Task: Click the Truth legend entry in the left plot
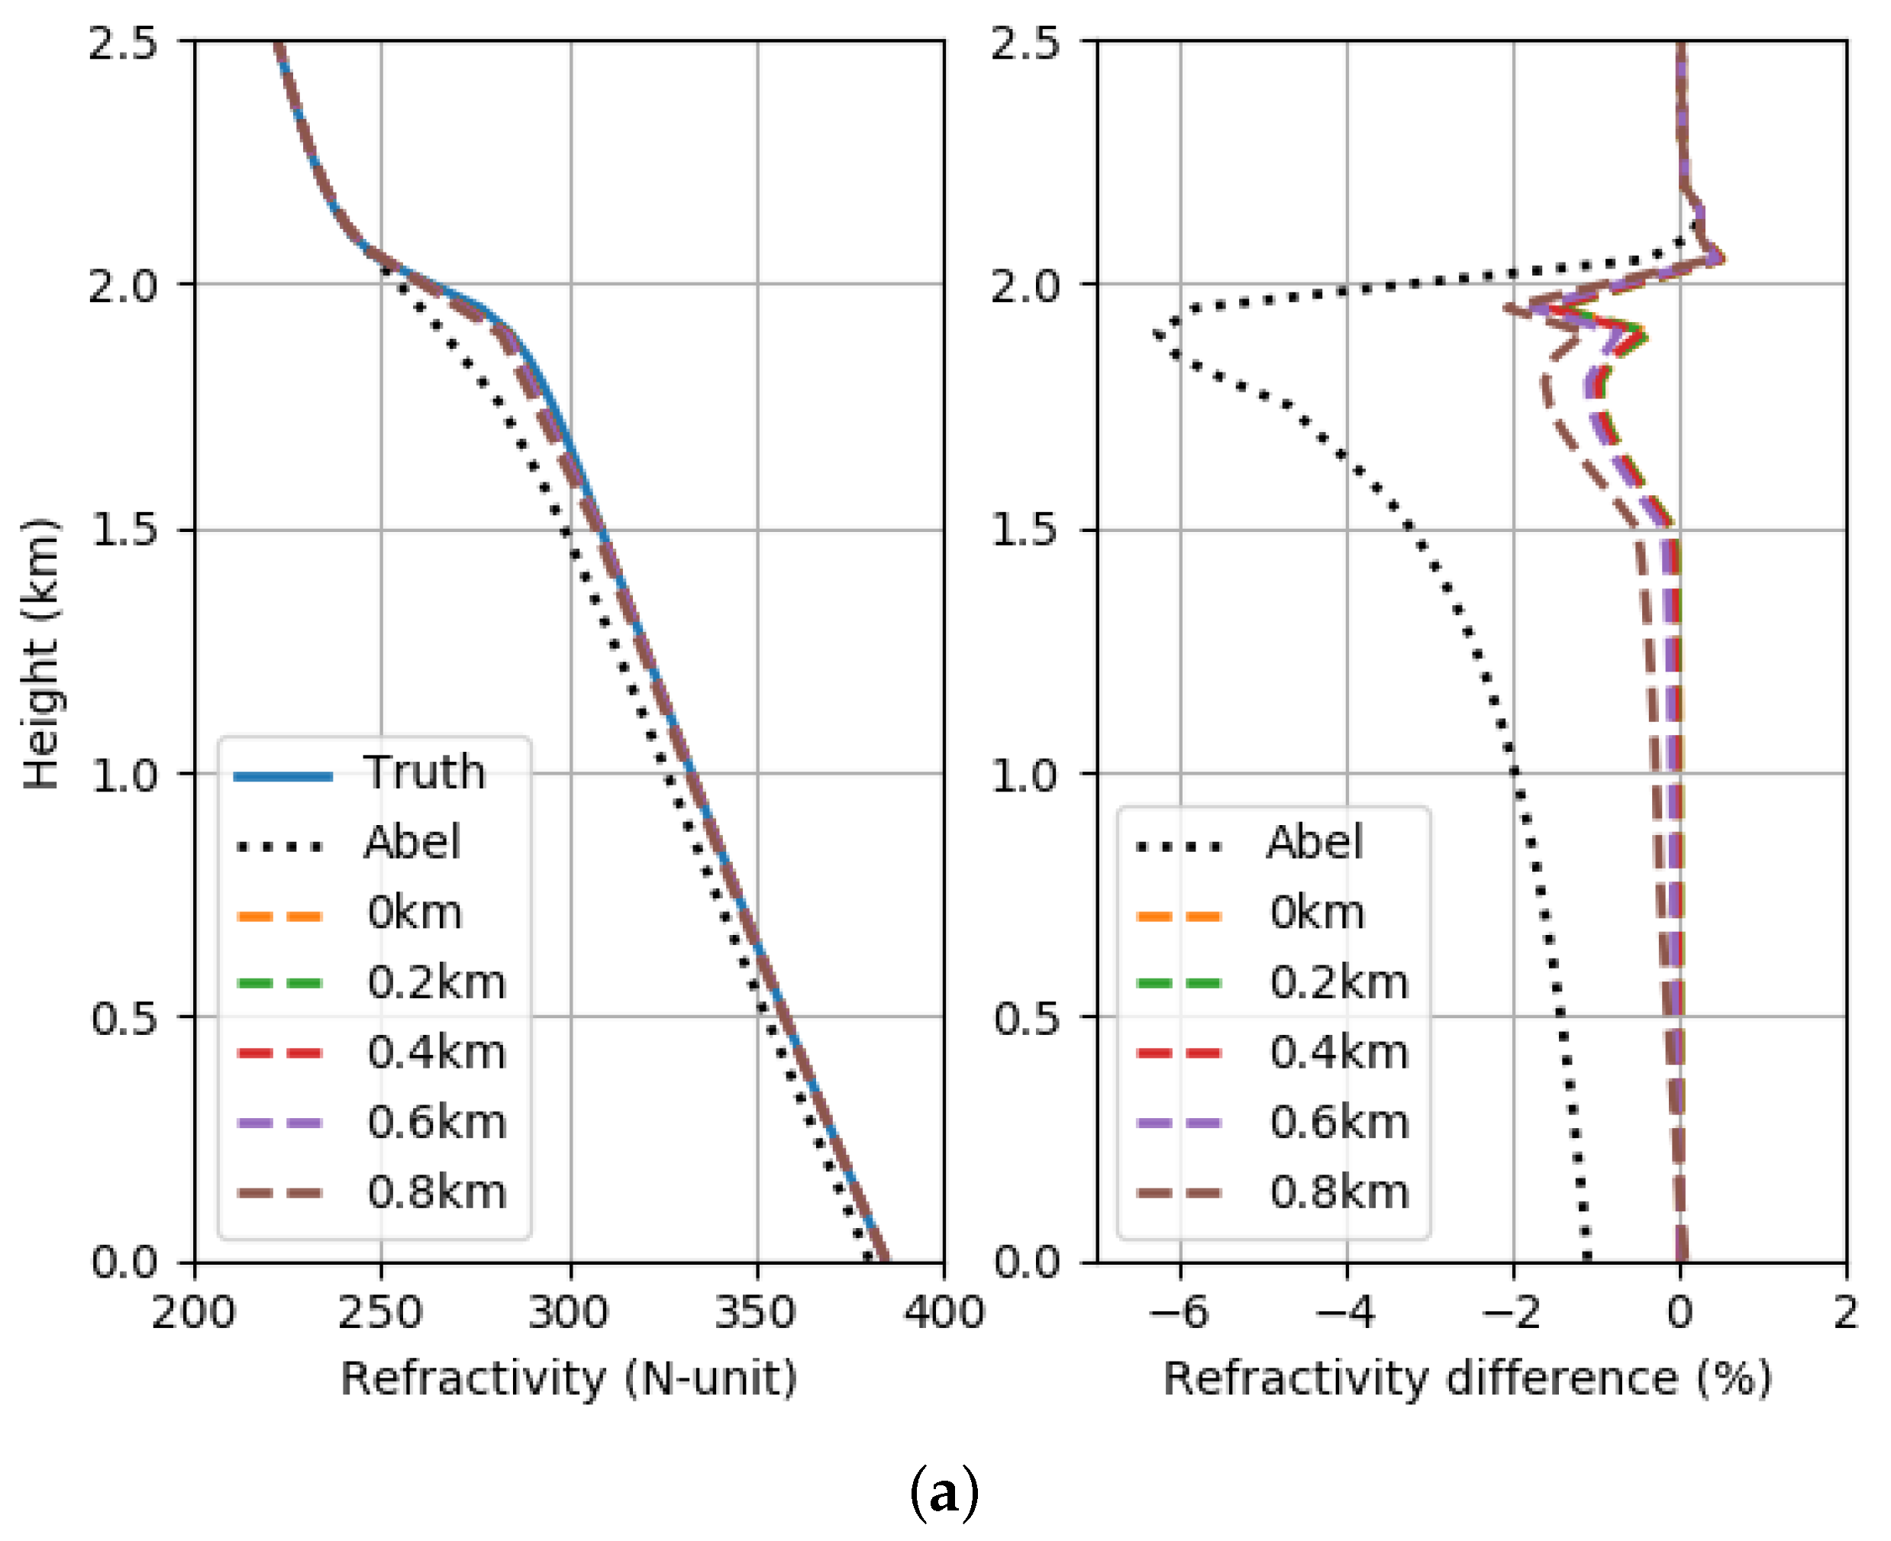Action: click(424, 772)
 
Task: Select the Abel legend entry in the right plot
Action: click(1314, 843)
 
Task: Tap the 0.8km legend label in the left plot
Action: click(437, 1192)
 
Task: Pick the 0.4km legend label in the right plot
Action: click(1339, 1053)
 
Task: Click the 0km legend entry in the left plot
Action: click(415, 913)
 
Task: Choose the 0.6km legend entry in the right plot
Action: click(1339, 1122)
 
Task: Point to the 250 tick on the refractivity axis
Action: click(381, 1312)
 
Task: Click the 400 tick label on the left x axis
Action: click(943, 1312)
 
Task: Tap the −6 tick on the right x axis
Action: click(1179, 1312)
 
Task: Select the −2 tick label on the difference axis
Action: click(1512, 1312)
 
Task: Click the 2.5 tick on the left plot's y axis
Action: click(122, 43)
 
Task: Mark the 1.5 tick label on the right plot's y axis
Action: click(1025, 530)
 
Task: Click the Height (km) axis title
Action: click(40, 653)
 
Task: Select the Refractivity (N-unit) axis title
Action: click(569, 1379)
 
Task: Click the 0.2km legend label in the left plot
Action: click(437, 982)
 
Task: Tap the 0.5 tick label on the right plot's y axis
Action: click(1025, 1017)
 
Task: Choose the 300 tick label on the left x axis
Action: click(569, 1312)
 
